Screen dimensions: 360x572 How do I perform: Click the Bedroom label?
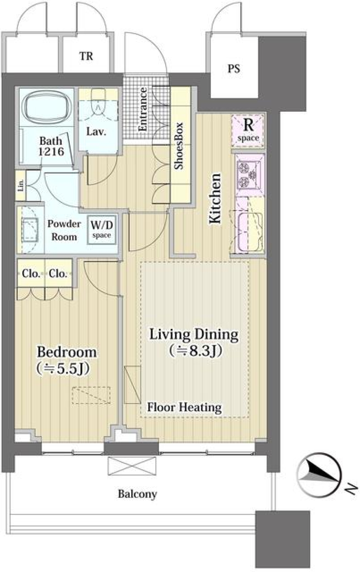[67, 352]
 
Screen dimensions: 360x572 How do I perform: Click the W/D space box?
[102, 230]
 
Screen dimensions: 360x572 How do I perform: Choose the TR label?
[86, 56]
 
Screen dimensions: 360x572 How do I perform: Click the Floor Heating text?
[184, 407]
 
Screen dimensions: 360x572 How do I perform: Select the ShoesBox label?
[179, 146]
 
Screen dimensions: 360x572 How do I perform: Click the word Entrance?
[143, 110]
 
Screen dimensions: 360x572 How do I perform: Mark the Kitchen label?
[215, 199]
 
